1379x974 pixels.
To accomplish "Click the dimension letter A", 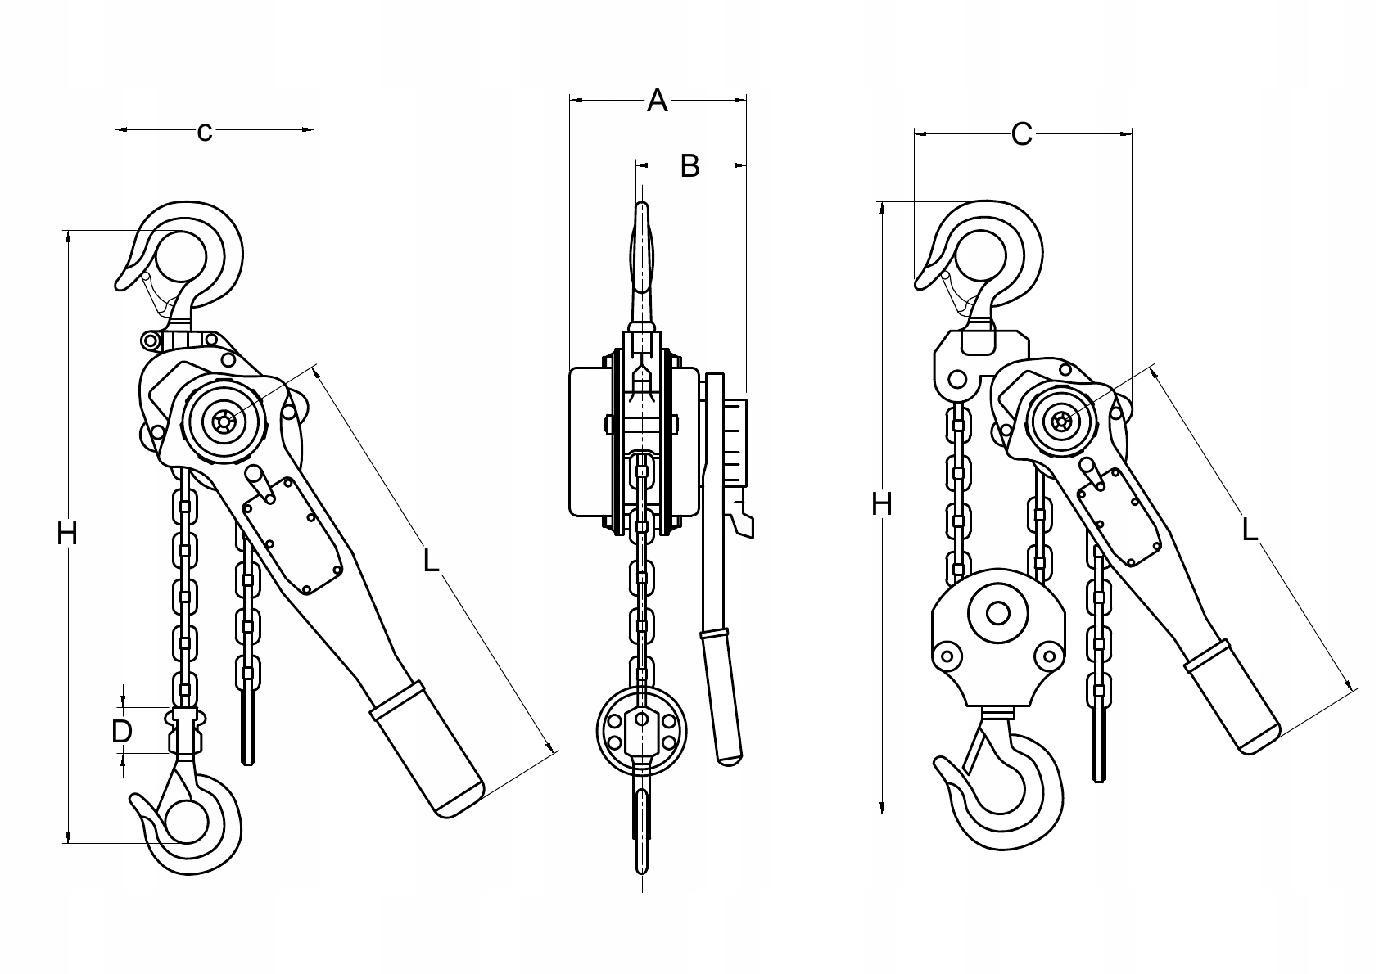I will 658,101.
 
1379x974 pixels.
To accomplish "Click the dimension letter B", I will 690,166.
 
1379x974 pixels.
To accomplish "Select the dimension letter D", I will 121,731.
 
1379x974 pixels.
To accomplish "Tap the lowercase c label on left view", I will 205,130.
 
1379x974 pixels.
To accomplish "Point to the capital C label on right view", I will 1021,133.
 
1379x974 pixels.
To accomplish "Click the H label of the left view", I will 67,534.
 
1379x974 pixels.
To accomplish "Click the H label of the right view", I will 881,505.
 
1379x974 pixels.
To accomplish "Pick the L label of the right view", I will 1249,530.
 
